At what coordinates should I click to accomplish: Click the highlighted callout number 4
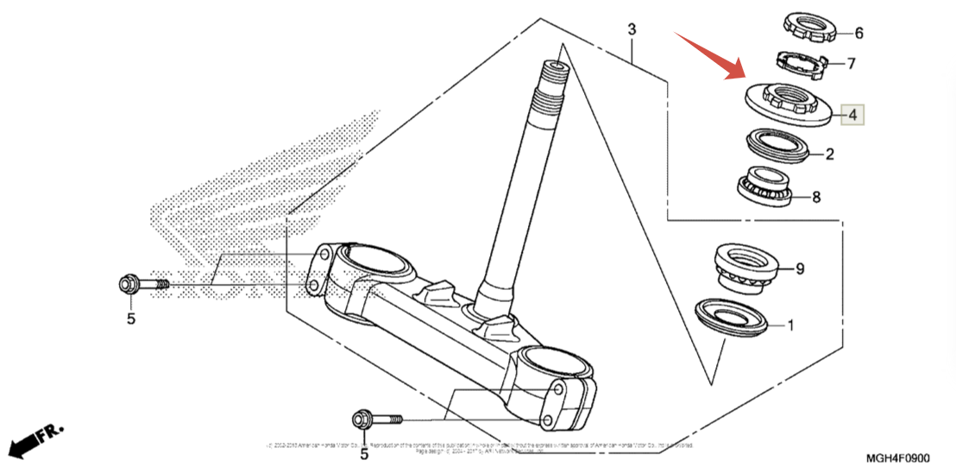click(851, 115)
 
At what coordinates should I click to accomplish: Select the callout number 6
click(859, 34)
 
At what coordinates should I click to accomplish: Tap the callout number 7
click(851, 63)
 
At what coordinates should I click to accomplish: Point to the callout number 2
click(829, 155)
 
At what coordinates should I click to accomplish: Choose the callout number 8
click(815, 197)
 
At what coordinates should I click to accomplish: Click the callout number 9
click(799, 268)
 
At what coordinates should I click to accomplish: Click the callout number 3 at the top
click(632, 30)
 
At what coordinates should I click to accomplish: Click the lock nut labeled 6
click(810, 28)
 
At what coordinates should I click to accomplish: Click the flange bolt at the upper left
click(141, 284)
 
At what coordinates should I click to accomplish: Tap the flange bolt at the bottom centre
click(376, 420)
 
